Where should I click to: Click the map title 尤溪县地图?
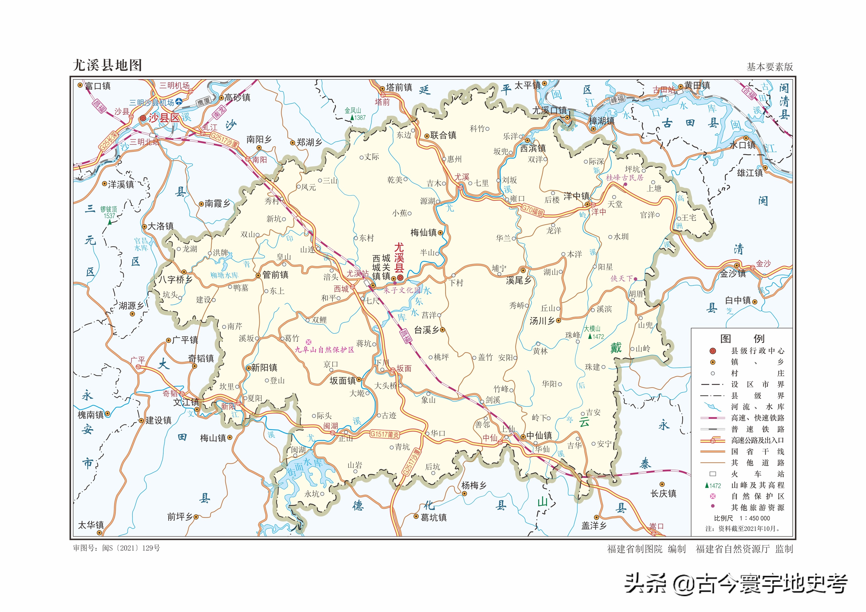click(x=107, y=65)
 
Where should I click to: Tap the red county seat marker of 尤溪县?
click(x=400, y=278)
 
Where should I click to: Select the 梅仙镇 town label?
click(x=423, y=233)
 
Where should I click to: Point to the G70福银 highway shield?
click(x=532, y=210)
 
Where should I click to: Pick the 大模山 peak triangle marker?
click(x=590, y=336)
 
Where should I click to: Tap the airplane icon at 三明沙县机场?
click(x=179, y=101)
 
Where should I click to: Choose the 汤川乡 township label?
click(x=542, y=321)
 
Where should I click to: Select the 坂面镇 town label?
click(x=342, y=381)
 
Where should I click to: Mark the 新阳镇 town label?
click(x=264, y=368)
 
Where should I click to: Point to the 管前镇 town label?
click(x=275, y=275)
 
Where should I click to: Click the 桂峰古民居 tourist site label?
click(x=624, y=178)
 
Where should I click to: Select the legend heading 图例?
click(x=742, y=338)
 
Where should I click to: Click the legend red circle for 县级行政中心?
click(x=712, y=351)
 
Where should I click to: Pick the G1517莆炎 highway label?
click(x=384, y=434)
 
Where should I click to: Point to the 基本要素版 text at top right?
click(x=769, y=67)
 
